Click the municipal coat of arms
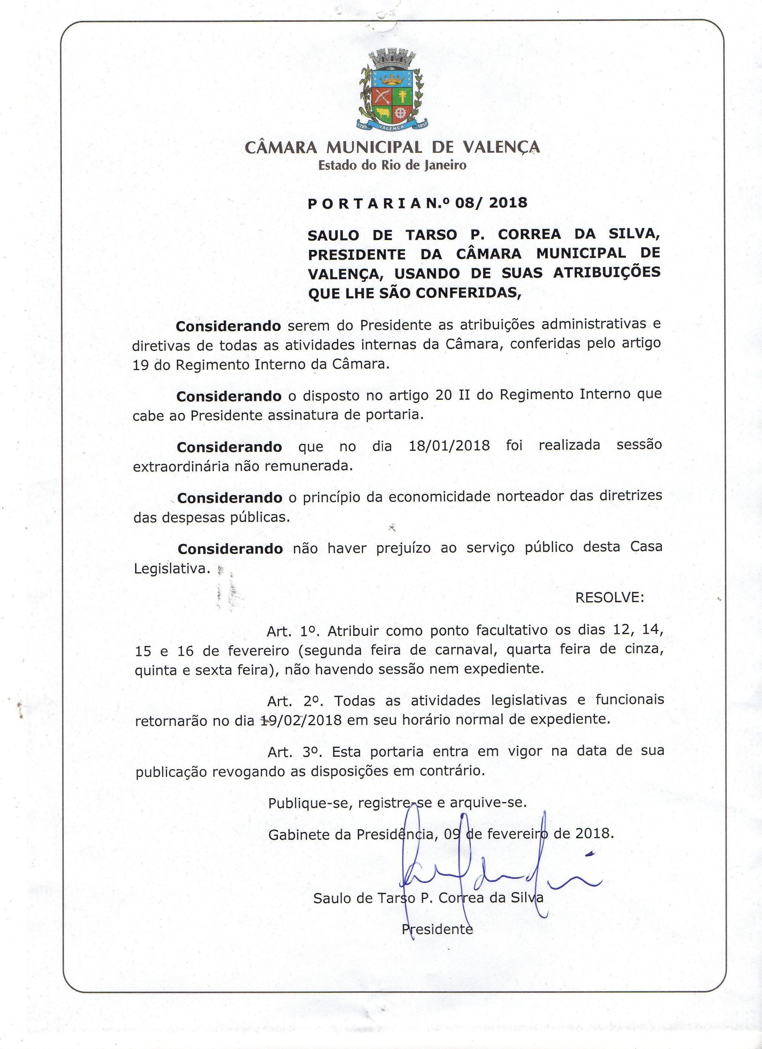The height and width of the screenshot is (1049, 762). pyautogui.click(x=392, y=91)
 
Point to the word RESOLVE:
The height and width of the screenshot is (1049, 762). pyautogui.click(x=609, y=598)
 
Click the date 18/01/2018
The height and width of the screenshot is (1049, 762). pyautogui.click(x=449, y=445)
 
